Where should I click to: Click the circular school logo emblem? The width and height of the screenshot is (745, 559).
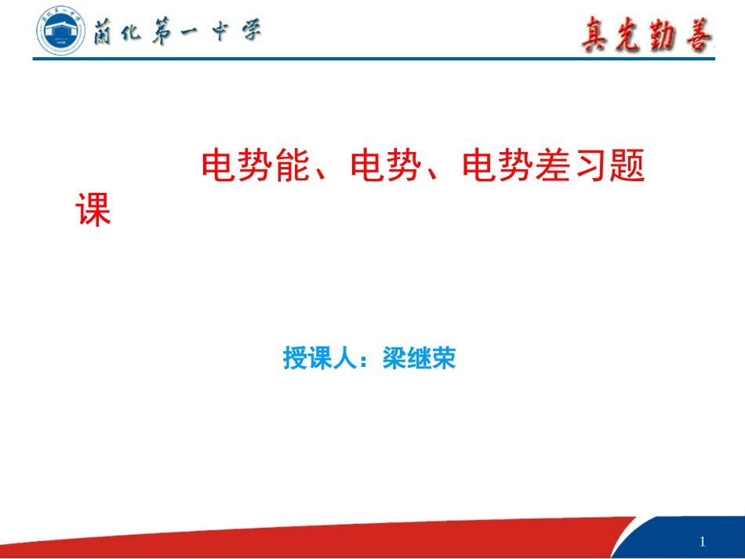(60, 29)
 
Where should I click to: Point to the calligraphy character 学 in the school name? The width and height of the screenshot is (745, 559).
(250, 32)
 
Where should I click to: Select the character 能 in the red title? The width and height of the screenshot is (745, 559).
(295, 165)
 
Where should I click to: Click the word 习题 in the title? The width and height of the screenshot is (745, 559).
(610, 165)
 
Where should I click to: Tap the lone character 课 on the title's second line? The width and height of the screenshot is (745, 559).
(93, 209)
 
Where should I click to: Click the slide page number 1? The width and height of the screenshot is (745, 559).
(702, 542)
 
